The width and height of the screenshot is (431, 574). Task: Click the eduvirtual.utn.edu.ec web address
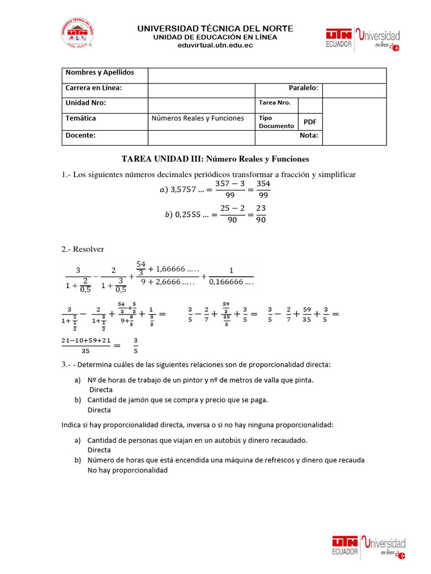click(215, 45)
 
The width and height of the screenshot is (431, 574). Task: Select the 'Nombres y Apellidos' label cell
click(100, 73)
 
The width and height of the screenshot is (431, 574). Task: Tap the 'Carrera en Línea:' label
click(94, 88)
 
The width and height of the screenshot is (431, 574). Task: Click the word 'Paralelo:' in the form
click(303, 88)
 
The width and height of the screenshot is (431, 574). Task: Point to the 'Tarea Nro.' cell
click(274, 103)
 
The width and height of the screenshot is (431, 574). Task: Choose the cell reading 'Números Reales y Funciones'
click(198, 118)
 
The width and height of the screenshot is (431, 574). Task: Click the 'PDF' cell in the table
click(310, 122)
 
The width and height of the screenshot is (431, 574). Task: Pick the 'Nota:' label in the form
click(309, 136)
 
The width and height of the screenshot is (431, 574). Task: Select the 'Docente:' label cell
click(80, 136)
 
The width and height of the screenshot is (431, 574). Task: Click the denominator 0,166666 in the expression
click(231, 282)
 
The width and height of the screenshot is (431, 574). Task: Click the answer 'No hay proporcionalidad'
click(127, 470)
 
